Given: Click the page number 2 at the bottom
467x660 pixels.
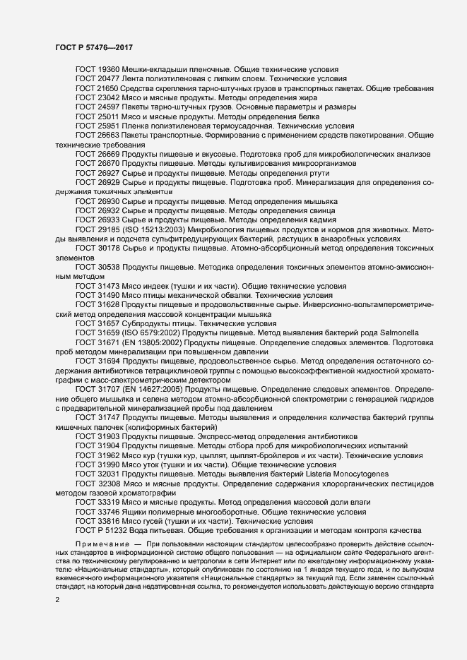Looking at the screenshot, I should pyautogui.click(x=57, y=601).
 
